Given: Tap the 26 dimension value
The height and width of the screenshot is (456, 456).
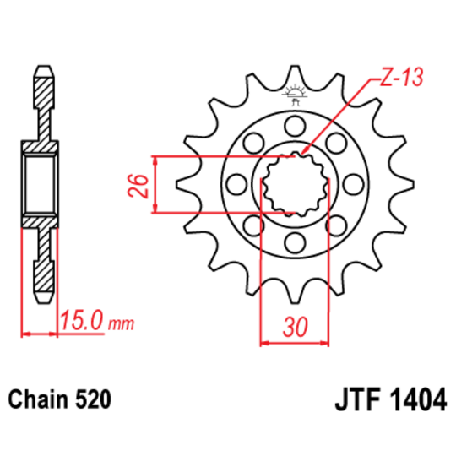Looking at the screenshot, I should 143,185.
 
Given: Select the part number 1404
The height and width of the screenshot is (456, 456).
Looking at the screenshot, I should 415,399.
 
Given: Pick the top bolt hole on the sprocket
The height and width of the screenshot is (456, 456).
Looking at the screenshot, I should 294,126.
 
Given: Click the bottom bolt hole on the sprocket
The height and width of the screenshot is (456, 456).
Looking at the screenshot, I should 294,244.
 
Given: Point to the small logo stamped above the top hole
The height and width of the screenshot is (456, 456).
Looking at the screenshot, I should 295,95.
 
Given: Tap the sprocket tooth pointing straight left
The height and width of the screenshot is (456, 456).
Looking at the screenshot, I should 184,185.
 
